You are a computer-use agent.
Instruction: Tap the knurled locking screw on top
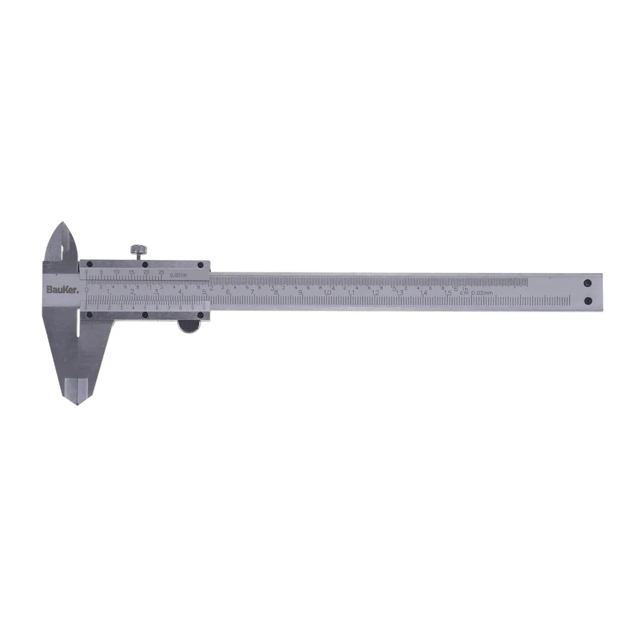(x=138, y=249)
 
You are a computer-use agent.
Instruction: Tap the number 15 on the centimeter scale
(x=449, y=292)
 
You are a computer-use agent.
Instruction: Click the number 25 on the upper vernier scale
(x=161, y=272)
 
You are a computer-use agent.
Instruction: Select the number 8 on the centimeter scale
(x=276, y=292)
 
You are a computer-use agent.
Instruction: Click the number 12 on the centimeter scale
(x=376, y=292)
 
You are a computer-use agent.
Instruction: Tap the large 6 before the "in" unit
(x=455, y=288)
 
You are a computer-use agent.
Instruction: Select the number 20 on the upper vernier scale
(x=146, y=272)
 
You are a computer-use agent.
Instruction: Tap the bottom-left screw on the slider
(x=90, y=315)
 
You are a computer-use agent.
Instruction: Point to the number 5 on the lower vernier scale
(x=144, y=308)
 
